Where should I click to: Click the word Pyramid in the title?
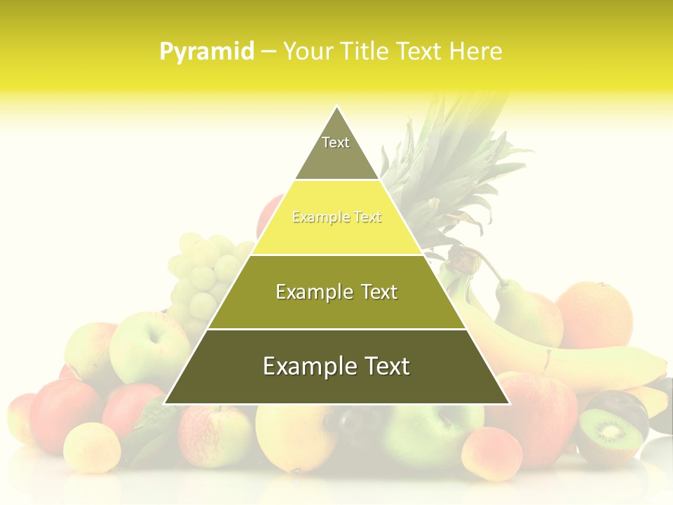(207, 52)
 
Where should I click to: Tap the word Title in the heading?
(365, 51)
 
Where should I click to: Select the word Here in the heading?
(475, 51)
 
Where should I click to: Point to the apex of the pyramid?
(337, 107)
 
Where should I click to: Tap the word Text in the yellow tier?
(367, 217)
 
